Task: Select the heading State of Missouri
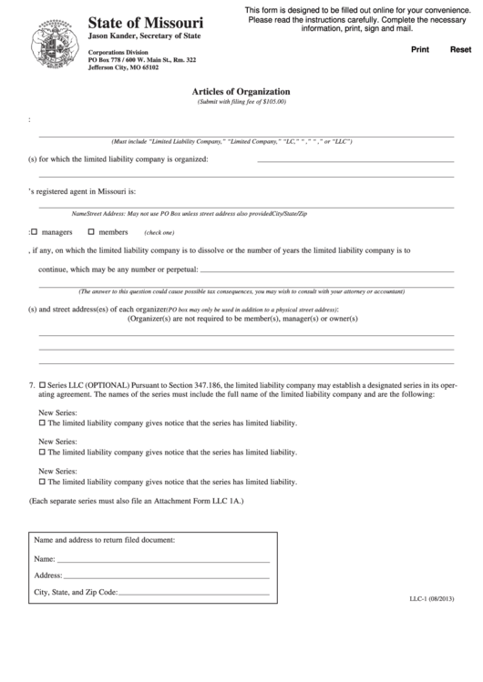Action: [x=146, y=21]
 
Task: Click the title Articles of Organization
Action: [x=241, y=92]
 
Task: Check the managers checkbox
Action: [x=35, y=232]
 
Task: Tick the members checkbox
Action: [x=90, y=232]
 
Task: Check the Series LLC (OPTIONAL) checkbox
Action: [x=42, y=387]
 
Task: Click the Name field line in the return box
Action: [x=164, y=558]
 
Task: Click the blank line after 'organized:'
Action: [x=355, y=159]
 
